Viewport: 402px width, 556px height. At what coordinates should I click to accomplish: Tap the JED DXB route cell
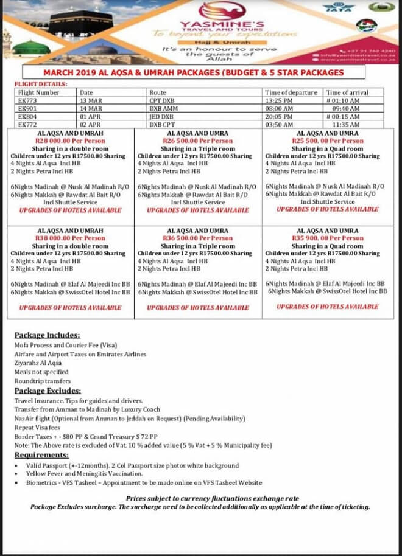click(x=161, y=116)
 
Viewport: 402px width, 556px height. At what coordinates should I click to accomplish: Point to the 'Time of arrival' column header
click(x=346, y=92)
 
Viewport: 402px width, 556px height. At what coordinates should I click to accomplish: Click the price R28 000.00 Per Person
click(x=70, y=141)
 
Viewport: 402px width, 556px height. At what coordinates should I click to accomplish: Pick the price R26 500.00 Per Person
click(x=198, y=141)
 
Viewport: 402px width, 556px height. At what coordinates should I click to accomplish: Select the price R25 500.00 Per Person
click(x=327, y=141)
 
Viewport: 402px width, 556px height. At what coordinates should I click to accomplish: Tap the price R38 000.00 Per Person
click(x=70, y=238)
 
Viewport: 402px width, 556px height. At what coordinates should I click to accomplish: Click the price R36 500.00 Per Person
click(x=198, y=238)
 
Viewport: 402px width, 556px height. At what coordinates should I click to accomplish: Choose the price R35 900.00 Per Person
click(x=327, y=238)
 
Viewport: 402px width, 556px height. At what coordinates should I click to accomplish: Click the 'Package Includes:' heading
click(x=47, y=335)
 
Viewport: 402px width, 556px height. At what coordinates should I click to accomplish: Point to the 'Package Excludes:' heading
click(x=48, y=391)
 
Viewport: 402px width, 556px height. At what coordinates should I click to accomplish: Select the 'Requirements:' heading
click(x=41, y=454)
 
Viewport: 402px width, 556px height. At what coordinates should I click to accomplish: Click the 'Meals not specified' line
click(x=41, y=372)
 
